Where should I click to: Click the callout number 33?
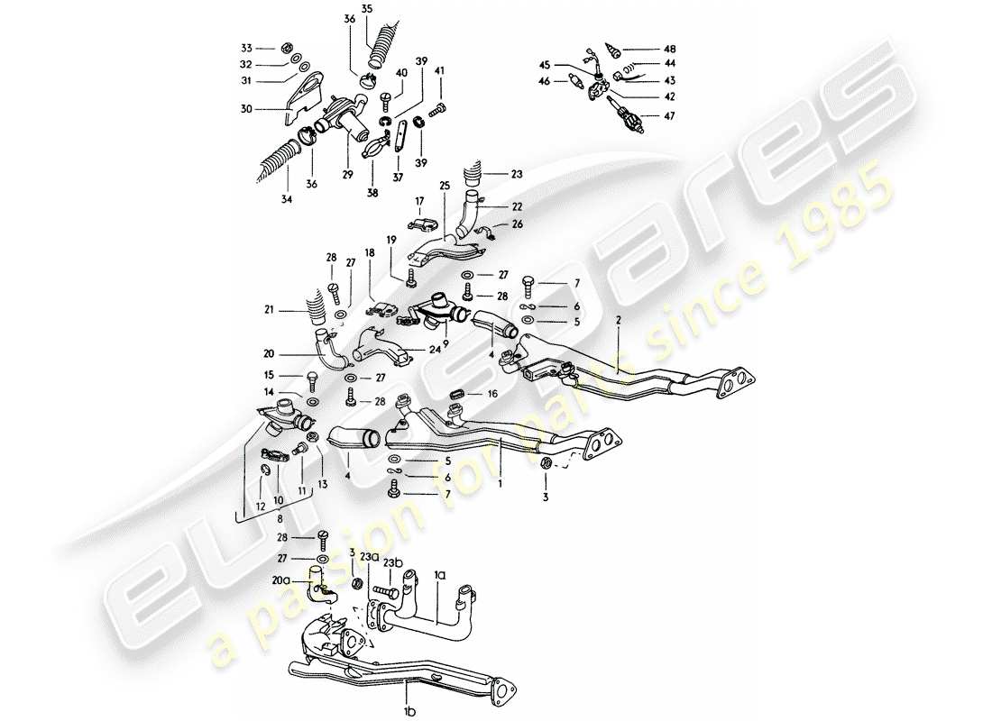coord(244,48)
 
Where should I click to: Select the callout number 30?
coord(244,109)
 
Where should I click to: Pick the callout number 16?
coord(491,394)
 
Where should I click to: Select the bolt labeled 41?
coord(436,111)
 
